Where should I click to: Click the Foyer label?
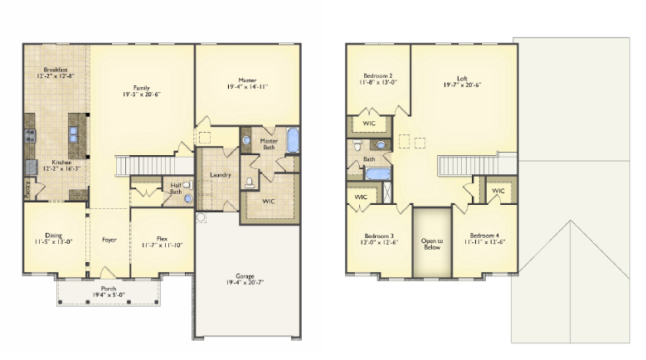[109, 240]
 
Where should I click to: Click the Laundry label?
[221, 175]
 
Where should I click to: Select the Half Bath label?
[177, 188]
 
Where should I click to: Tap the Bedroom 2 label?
[376, 75]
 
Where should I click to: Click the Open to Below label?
[432, 243]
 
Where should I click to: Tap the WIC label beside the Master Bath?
[269, 202]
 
